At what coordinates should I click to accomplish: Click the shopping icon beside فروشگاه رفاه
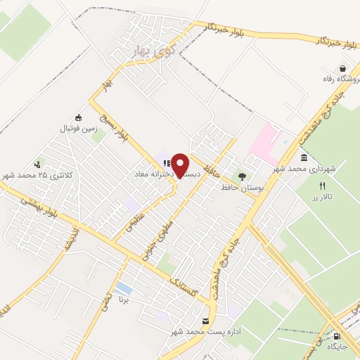(342, 69)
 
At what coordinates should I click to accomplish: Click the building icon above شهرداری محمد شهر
(303, 158)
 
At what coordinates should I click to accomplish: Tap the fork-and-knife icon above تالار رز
(323, 186)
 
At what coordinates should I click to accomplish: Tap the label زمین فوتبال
(78, 128)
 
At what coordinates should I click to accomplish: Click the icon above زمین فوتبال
(78, 117)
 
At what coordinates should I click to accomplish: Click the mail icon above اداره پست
(205, 321)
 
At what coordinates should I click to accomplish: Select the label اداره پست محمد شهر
(209, 332)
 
